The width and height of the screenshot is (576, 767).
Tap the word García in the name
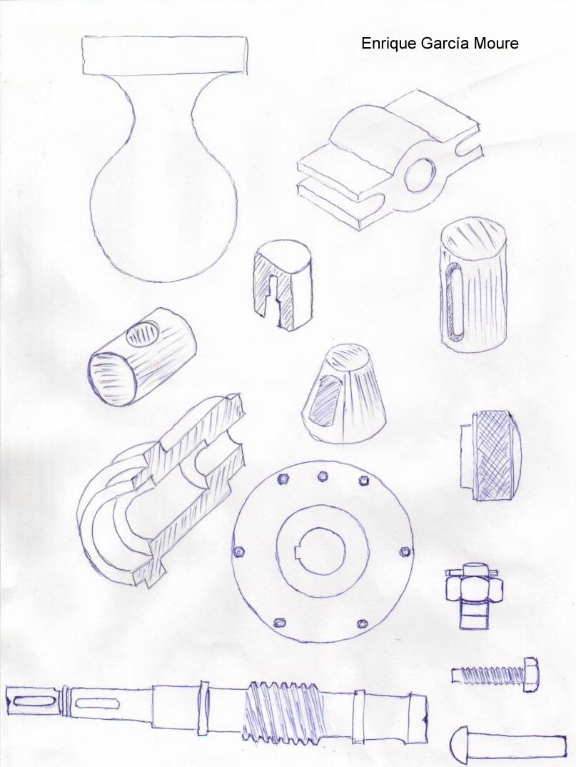445,44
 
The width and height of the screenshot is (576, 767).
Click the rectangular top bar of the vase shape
166,55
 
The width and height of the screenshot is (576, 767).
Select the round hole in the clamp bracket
420,176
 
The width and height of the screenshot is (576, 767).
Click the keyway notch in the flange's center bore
298,553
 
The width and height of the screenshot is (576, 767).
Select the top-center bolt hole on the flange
323,476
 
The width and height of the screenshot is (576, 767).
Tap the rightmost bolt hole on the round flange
405,552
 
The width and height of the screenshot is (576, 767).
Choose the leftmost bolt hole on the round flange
239,551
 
